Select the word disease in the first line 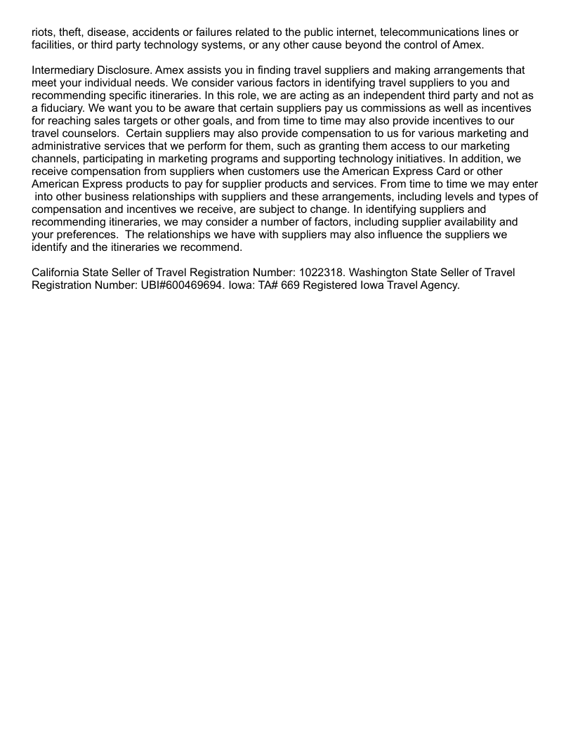click(108, 32)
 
